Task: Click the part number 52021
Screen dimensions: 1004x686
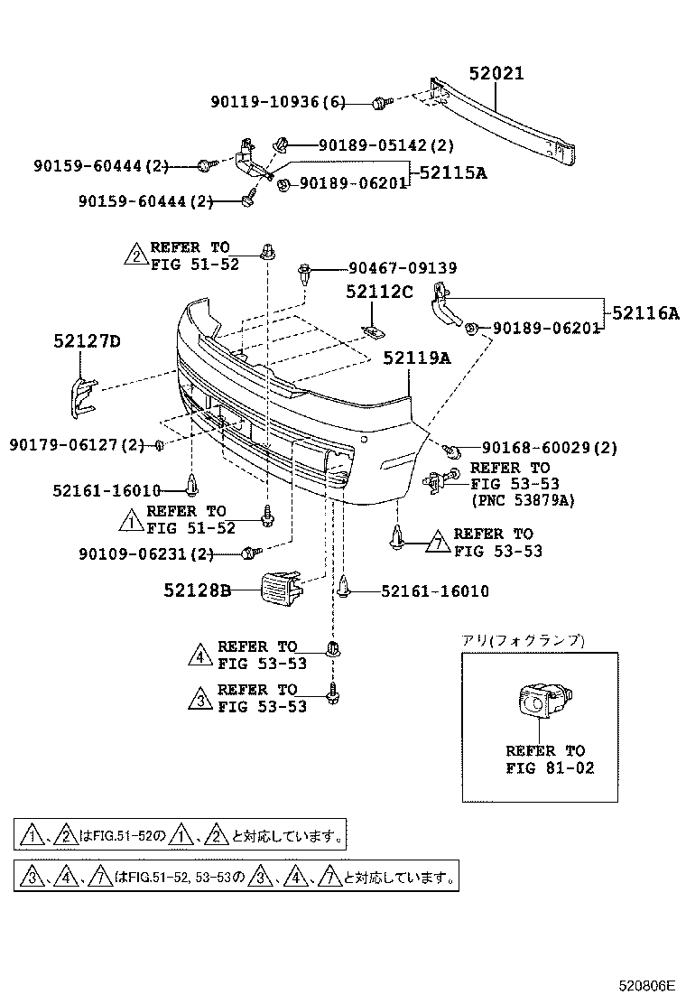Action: pos(496,75)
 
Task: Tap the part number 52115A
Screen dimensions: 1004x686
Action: pos(450,172)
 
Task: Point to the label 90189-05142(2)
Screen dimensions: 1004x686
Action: pos(385,144)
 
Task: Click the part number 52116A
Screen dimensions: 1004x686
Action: pos(645,313)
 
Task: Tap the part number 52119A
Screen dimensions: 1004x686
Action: pos(416,358)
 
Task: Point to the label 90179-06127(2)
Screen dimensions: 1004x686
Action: pos(77,444)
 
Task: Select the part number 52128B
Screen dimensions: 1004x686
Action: pos(198,590)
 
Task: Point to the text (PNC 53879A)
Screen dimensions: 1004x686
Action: pos(523,500)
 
